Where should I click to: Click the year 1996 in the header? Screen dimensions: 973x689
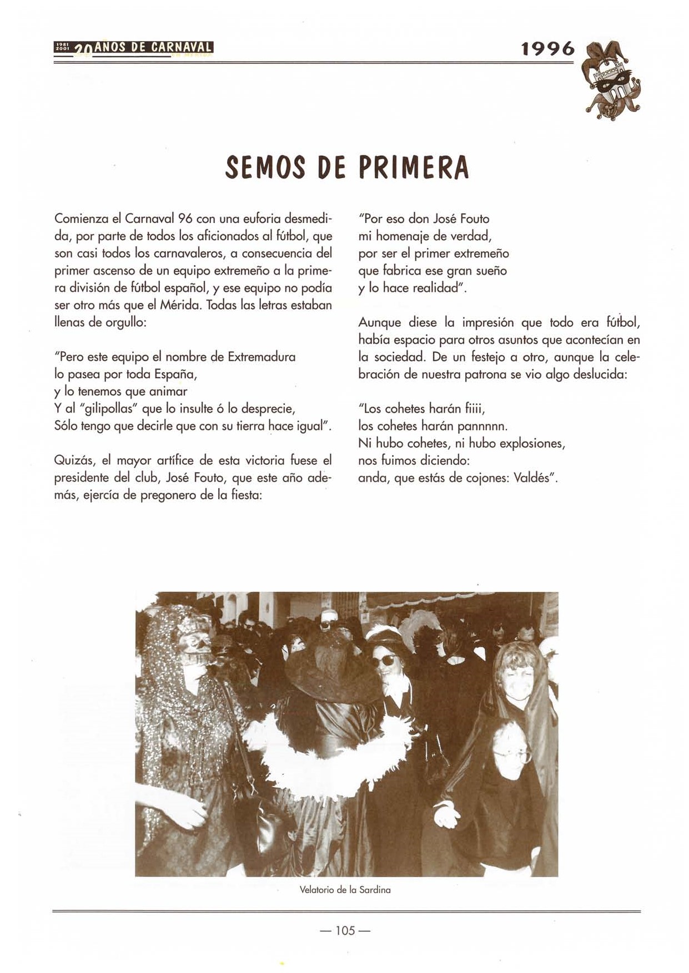548,49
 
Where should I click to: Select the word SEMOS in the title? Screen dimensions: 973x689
265,168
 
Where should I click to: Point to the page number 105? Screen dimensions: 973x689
345,930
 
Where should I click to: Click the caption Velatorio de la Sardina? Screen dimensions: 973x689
345,890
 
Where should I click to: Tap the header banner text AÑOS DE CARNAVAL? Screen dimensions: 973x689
154,48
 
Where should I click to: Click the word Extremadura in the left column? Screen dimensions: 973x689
261,357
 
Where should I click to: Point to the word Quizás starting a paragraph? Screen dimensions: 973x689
74,460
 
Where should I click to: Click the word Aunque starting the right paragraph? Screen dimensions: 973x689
380,322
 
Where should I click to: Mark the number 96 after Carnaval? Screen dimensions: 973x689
185,219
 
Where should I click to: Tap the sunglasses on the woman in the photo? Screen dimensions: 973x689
383,660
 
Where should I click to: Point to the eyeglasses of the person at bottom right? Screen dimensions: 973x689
511,755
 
